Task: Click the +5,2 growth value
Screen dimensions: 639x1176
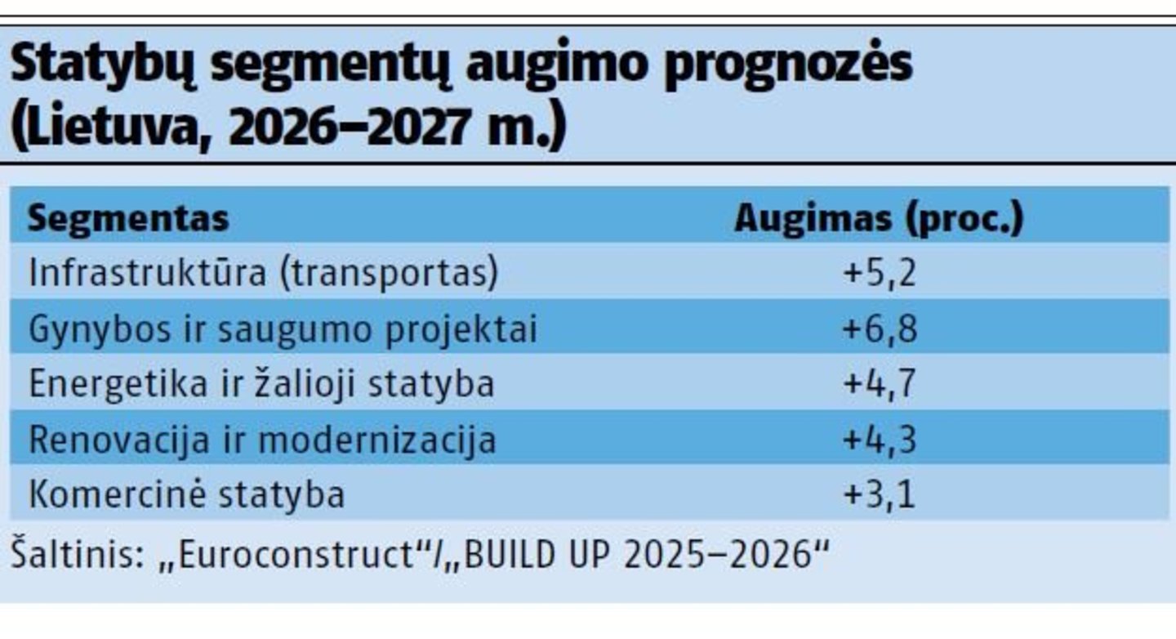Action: point(879,274)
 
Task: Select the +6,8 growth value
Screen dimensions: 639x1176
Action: point(879,329)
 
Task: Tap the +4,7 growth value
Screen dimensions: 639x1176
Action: point(879,384)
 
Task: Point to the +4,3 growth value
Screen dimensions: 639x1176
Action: point(879,440)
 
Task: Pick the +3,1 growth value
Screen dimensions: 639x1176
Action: point(879,495)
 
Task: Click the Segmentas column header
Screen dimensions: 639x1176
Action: point(128,219)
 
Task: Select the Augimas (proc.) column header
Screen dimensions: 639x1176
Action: point(878,219)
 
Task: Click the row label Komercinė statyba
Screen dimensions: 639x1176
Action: point(186,495)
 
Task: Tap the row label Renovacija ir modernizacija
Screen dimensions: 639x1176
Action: point(262,440)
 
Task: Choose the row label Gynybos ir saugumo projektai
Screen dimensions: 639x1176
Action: point(283,329)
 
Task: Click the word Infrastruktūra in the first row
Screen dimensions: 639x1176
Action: point(147,274)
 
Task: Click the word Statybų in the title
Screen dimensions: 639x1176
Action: point(103,67)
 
